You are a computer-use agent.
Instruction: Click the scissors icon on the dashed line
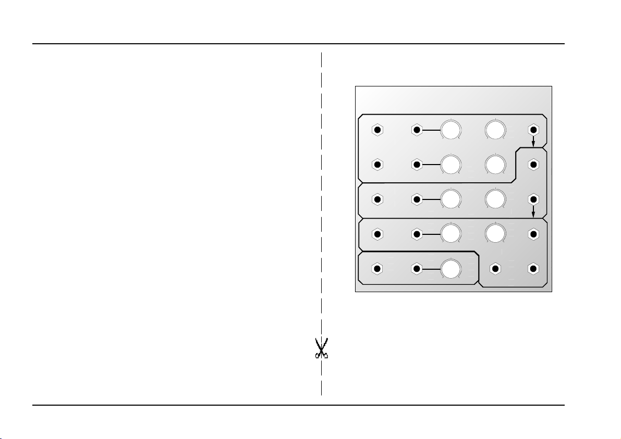click(x=321, y=348)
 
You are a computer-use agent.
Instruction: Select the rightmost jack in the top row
click(x=533, y=130)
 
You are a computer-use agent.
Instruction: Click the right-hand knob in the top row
click(x=495, y=130)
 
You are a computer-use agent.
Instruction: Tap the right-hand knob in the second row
click(x=495, y=165)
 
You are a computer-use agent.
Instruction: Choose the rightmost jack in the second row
click(x=533, y=165)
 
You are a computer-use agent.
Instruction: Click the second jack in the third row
click(x=417, y=199)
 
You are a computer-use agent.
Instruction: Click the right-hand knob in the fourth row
click(x=495, y=234)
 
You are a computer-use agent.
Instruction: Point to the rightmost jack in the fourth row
click(x=533, y=234)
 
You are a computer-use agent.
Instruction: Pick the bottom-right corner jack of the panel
click(x=533, y=269)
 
